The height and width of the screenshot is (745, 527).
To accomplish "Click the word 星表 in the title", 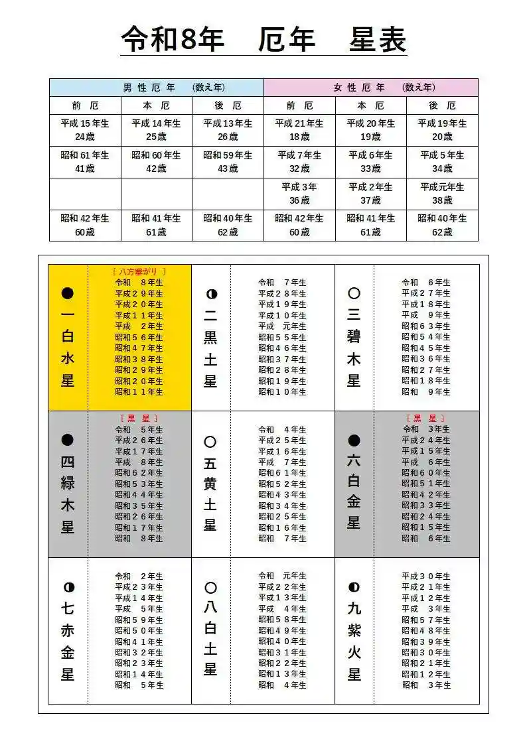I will [378, 40].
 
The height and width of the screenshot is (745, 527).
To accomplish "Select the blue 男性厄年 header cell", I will [157, 88].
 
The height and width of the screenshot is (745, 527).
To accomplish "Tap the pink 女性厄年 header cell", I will [371, 88].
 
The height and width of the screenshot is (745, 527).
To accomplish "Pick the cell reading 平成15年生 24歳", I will [85, 130].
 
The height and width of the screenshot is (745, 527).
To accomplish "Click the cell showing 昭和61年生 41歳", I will [85, 162].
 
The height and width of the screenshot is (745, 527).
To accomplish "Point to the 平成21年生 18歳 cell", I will [299, 130].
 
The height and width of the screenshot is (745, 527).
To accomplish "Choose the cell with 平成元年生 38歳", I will [442, 194].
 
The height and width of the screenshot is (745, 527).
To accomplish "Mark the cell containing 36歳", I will [299, 194].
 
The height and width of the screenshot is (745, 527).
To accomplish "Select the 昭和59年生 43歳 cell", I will [228, 162].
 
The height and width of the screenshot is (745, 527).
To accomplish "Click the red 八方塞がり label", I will [139, 271].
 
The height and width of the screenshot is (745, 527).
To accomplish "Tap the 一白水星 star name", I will [68, 348].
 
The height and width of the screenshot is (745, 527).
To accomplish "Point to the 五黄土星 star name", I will [210, 494].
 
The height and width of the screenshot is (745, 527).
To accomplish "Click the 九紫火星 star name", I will [354, 640].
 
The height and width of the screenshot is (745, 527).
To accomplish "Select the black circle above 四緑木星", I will [68, 439].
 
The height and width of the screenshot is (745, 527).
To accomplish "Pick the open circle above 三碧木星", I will [354, 293].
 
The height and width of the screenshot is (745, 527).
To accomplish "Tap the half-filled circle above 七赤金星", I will [68, 587].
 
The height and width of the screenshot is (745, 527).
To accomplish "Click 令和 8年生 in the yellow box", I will [139, 283].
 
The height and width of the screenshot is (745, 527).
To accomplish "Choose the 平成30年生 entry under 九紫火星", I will [426, 576].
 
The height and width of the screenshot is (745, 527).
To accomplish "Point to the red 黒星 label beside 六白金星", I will [425, 418].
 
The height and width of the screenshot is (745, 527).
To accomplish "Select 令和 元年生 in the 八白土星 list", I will [282, 576].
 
